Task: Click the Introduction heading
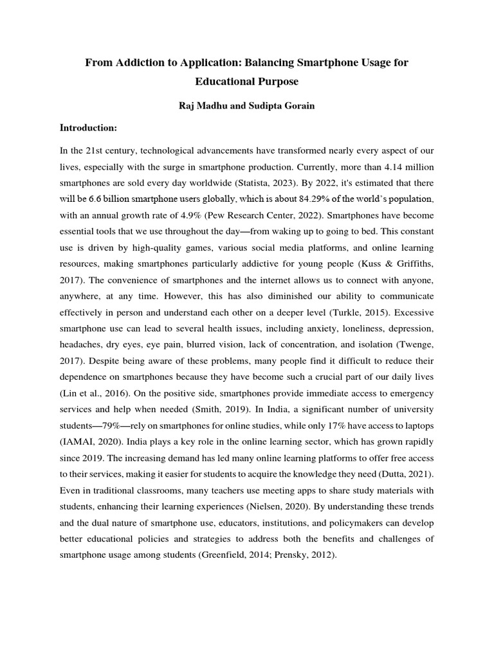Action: (88, 128)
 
